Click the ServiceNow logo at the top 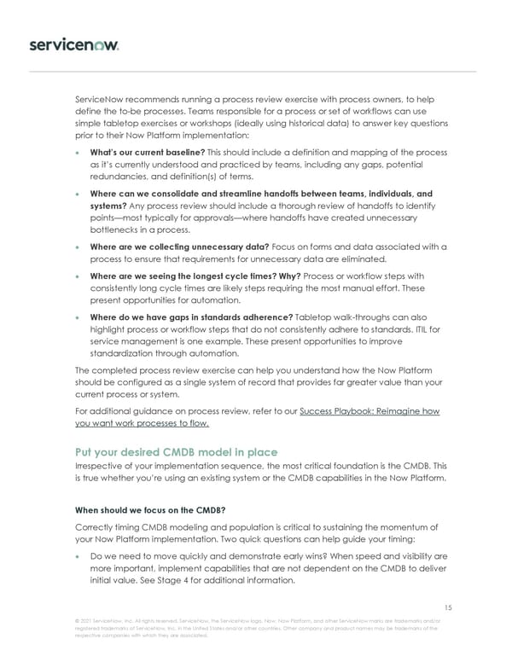(x=73, y=43)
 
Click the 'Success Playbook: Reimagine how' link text (x=369, y=411)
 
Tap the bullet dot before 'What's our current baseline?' (x=80, y=152)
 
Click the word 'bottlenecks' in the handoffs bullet (x=116, y=230)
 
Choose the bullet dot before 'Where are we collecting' (x=80, y=247)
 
